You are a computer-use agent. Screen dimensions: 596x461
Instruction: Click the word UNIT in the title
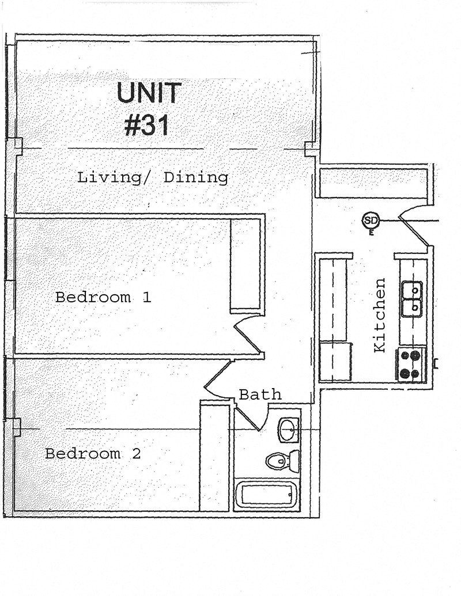click(149, 93)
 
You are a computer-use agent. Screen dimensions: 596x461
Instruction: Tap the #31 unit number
click(148, 125)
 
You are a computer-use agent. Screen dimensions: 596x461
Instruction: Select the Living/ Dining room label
click(153, 177)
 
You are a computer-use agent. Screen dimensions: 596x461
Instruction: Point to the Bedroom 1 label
click(103, 298)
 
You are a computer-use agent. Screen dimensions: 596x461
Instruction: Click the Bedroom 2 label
click(93, 454)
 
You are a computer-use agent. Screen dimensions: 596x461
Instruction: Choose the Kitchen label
click(379, 315)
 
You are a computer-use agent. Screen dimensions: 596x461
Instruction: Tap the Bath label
click(260, 394)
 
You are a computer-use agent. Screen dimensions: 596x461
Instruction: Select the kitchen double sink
click(413, 299)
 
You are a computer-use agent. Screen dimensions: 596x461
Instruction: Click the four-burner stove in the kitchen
click(411, 365)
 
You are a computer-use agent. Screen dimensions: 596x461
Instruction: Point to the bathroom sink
click(288, 430)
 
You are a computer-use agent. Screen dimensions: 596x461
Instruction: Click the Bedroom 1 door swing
click(247, 334)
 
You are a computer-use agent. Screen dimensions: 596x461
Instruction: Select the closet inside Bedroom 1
click(247, 265)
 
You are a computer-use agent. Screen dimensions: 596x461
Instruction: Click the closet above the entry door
click(373, 181)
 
